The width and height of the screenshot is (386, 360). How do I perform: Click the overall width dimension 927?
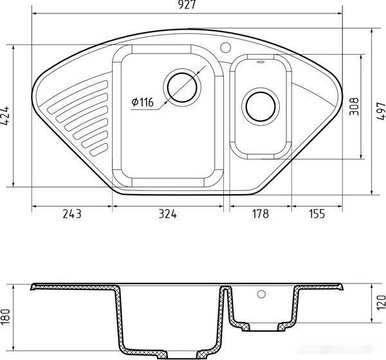click(x=187, y=4)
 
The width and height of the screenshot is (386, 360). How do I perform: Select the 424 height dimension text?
click(x=5, y=116)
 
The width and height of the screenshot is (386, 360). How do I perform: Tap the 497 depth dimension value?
click(x=381, y=111)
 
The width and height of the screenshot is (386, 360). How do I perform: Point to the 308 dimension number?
click(x=354, y=106)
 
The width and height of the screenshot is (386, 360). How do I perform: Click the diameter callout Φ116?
click(x=142, y=102)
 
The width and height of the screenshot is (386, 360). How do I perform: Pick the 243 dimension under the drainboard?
click(x=71, y=213)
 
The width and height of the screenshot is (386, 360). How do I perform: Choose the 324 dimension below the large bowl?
click(x=168, y=213)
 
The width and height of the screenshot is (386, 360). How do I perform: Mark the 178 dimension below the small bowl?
click(x=260, y=213)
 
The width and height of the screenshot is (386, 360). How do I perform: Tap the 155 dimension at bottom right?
click(x=317, y=213)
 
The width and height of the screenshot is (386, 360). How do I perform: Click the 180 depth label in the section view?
click(x=5, y=317)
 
